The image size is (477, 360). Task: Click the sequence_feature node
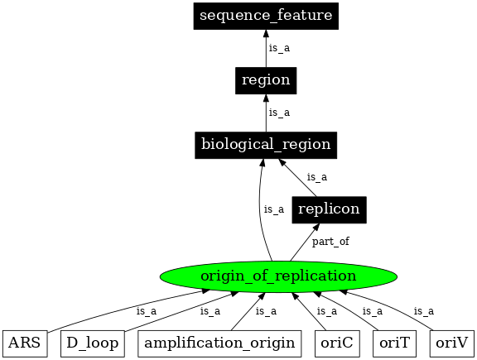[266, 16]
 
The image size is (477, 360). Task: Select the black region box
[266, 80]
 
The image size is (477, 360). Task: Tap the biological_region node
[266, 144]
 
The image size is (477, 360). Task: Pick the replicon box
[329, 209]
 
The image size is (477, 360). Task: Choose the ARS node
[25, 342]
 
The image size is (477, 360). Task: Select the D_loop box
[92, 342]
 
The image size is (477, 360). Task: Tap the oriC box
[337, 342]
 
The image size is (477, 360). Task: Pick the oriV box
[452, 342]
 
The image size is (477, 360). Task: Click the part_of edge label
[330, 242]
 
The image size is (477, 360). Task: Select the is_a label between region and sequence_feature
[279, 48]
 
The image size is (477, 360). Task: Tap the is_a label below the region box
[279, 113]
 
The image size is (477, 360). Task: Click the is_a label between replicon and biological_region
[317, 176]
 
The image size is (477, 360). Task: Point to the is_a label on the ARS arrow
[146, 311]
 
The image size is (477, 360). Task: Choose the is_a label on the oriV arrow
[423, 311]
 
